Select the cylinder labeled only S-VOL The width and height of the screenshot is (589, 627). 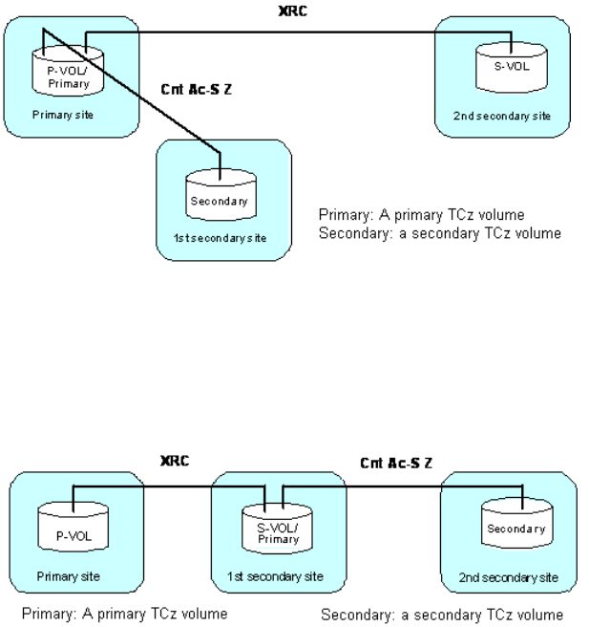coord(502,66)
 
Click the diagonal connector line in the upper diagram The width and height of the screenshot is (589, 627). coord(143,96)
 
